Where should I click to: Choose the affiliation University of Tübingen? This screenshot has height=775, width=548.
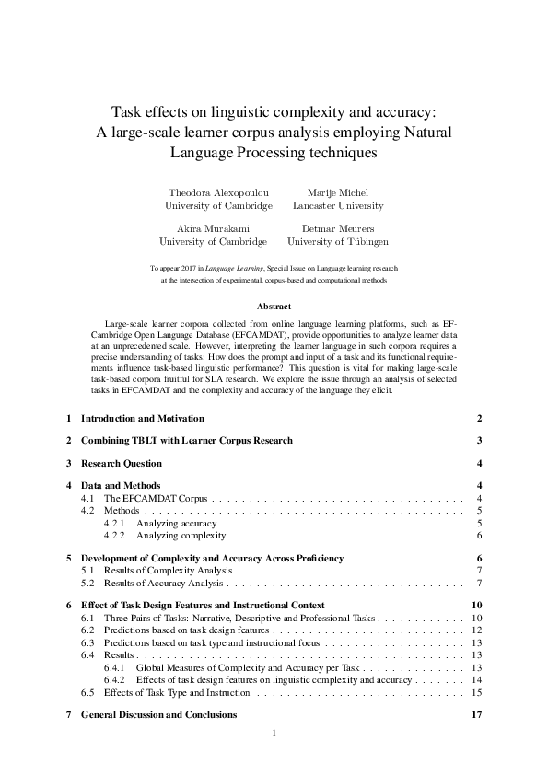[337, 241]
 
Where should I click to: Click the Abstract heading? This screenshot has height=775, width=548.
[274, 307]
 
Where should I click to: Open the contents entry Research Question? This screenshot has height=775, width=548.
[122, 463]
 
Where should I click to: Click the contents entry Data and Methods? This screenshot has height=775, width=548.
[121, 485]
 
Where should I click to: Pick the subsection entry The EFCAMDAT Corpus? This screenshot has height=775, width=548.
[156, 498]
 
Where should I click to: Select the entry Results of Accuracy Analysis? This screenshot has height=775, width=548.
[164, 583]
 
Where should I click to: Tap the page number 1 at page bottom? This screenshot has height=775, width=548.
[274, 735]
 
